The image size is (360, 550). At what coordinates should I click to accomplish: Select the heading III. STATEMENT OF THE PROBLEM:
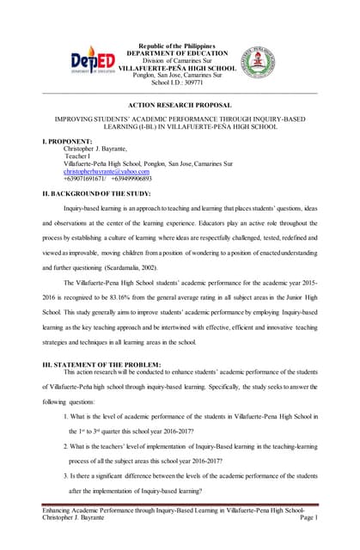click(107, 364)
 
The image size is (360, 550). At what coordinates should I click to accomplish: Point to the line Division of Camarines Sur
click(181, 60)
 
